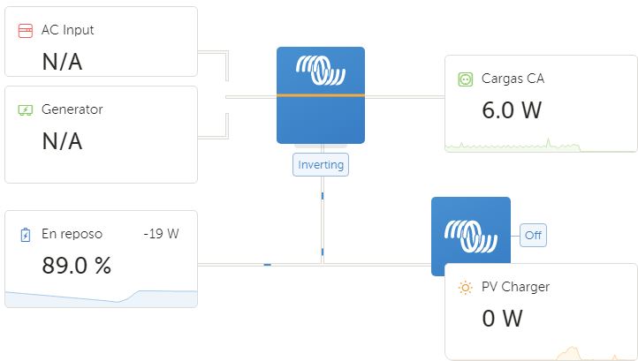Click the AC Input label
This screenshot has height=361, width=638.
67,30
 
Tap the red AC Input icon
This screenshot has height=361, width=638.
26,31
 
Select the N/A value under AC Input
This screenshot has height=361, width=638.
62,62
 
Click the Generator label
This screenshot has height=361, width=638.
72,109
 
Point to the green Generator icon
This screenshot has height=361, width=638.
26,109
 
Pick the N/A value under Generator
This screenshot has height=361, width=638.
62,141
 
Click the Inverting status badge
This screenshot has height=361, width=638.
321,165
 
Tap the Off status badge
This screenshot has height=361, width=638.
533,235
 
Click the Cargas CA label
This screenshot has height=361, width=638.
513,79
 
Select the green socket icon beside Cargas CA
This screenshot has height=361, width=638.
466,79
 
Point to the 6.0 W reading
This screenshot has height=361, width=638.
512,110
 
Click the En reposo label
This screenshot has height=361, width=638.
72,234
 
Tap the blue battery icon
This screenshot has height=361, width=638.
26,235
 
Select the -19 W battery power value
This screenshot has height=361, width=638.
161,234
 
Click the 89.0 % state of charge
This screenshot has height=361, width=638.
77,266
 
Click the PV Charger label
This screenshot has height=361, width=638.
515,287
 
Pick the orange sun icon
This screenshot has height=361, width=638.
465,288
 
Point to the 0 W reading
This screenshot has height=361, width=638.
502,319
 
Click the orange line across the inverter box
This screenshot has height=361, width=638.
321,95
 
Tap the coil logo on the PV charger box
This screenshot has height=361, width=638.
471,236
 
